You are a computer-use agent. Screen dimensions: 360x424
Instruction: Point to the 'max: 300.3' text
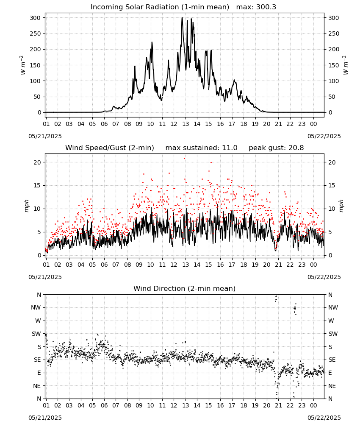click(x=256, y=7)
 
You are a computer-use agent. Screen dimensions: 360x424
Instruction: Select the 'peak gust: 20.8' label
click(x=276, y=148)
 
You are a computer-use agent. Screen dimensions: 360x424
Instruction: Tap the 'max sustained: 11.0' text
click(x=202, y=148)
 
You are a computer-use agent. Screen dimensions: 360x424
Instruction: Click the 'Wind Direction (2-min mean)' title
click(x=185, y=288)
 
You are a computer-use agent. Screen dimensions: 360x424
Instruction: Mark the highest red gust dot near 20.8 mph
click(x=185, y=158)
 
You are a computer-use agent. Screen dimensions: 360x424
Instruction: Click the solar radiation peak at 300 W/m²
click(x=182, y=17)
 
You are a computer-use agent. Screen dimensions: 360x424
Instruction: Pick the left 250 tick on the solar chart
click(x=36, y=33)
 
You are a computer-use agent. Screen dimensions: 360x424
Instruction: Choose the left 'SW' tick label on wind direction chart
click(x=36, y=334)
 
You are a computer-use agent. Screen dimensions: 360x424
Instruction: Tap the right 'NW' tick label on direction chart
click(x=333, y=307)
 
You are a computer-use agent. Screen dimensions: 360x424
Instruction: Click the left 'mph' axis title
click(x=26, y=206)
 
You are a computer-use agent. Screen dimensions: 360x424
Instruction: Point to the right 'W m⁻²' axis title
click(x=346, y=65)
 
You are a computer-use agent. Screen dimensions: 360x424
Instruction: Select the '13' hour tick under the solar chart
click(x=186, y=124)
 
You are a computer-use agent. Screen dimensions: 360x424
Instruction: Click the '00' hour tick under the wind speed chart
click(x=313, y=265)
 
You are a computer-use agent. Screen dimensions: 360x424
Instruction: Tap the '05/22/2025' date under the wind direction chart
click(x=324, y=418)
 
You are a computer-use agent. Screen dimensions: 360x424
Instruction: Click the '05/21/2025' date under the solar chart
click(x=45, y=136)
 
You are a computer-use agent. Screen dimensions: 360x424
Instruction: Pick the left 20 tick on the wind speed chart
click(x=38, y=162)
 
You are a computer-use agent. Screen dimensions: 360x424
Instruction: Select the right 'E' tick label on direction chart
click(x=330, y=373)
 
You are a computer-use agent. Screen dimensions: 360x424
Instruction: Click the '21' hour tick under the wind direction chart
click(x=278, y=405)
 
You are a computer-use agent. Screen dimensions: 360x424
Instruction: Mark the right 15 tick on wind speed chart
click(x=332, y=186)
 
